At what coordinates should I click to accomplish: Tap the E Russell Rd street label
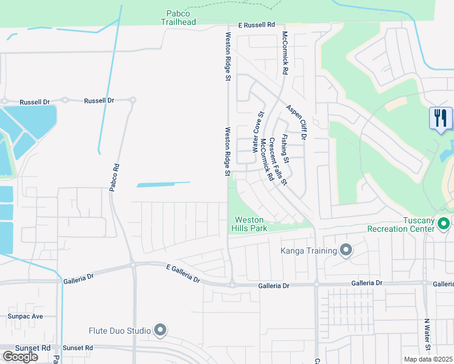[257, 25]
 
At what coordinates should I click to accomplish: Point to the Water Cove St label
[257, 132]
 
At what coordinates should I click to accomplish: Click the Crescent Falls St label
[278, 161]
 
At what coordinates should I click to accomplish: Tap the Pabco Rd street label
[113, 177]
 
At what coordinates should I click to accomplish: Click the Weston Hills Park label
[249, 224]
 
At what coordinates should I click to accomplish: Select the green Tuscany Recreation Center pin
[444, 224]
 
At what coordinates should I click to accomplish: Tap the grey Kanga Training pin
[346, 251]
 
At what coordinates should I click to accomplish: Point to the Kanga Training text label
[308, 251]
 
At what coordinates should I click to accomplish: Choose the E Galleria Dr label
[183, 273]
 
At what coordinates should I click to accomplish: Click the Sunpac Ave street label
[25, 316]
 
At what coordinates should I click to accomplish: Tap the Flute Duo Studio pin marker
[160, 330]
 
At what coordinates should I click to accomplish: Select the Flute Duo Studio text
[122, 331]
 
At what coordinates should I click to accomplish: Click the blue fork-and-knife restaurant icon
[440, 118]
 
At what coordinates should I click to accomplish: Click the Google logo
[20, 356]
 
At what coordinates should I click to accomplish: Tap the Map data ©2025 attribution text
[428, 359]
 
